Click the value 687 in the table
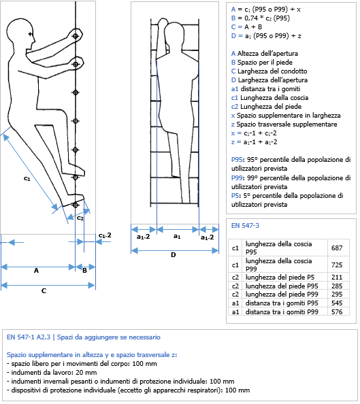click(337, 248)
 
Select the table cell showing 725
click(337, 265)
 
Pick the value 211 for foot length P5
click(337, 277)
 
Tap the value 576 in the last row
click(337, 312)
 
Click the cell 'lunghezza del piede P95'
click(282, 286)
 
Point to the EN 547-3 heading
click(245, 226)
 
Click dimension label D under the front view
click(174, 255)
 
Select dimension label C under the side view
click(44, 291)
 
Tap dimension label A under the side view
click(36, 271)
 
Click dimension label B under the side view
click(84, 271)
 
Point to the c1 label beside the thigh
click(27, 178)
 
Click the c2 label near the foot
click(80, 218)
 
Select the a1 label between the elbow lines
click(177, 236)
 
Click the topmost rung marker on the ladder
click(76, 36)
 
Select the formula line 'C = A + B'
click(246, 27)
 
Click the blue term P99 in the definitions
click(236, 178)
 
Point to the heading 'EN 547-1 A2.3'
click(29, 337)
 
